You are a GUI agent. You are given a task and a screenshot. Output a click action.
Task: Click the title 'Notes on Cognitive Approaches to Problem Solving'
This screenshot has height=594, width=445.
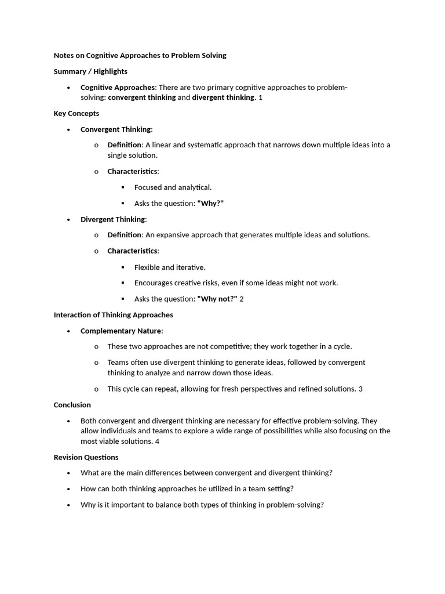[140, 56]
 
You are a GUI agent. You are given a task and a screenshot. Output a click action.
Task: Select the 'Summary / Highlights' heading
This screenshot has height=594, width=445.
[90, 71]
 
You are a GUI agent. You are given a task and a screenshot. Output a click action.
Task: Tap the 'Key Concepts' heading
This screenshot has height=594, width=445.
[76, 113]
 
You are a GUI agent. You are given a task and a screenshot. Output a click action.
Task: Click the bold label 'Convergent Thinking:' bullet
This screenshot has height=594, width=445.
[116, 129]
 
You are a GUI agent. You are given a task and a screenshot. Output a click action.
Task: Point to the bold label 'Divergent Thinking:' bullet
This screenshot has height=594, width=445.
[114, 219]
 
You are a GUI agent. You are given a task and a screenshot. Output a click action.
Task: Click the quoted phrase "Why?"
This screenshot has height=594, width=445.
[210, 203]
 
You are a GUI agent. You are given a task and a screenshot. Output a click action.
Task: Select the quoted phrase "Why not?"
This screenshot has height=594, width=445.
[217, 299]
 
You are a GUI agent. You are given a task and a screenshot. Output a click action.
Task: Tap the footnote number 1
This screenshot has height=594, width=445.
[260, 97]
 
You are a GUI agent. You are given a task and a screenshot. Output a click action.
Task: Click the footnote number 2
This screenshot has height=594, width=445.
[242, 299]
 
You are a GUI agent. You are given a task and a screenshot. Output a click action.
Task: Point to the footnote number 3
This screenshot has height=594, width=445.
[360, 389]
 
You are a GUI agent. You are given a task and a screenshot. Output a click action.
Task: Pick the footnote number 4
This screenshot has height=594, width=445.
[157, 441]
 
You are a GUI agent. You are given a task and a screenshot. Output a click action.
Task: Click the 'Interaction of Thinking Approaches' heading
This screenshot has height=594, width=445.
[114, 315]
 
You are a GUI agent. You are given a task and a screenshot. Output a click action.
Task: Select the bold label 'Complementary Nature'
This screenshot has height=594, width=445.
[121, 331]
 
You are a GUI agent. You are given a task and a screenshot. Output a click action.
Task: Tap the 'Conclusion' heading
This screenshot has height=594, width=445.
[72, 405]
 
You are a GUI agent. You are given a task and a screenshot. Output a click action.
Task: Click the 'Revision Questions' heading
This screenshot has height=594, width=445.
[86, 457]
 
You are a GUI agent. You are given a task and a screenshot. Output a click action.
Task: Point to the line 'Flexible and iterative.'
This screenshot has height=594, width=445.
[170, 267]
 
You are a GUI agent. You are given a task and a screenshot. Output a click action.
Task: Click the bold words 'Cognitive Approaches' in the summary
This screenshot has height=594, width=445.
[118, 88]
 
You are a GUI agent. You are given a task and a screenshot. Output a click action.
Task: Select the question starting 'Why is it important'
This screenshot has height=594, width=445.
[202, 505]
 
